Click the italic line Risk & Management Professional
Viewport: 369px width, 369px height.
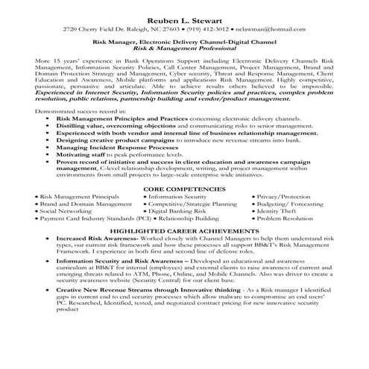(x=184, y=47)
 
